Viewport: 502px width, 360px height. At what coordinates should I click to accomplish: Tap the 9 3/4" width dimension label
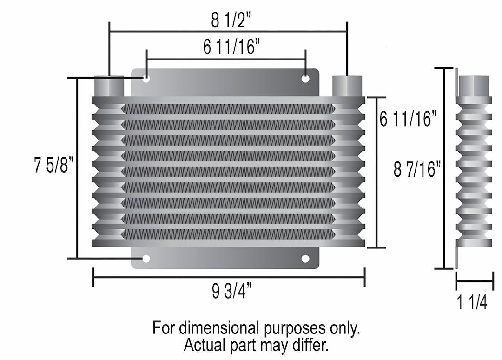point(231,293)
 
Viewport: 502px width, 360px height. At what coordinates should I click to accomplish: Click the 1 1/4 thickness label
point(472,303)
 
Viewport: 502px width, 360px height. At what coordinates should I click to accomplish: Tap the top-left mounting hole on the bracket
point(146,79)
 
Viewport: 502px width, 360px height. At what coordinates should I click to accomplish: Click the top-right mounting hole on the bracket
point(305,79)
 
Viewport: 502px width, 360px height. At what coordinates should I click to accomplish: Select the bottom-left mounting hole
point(146,259)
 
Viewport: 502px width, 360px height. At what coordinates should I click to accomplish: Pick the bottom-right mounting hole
point(305,259)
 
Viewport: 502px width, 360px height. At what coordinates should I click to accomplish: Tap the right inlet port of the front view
point(348,87)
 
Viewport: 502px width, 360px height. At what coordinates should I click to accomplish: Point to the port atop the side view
point(473,86)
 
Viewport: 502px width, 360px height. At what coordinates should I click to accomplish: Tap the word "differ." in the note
point(317,345)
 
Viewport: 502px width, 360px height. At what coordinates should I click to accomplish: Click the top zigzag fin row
point(228,109)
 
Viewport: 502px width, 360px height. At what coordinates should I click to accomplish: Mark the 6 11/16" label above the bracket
point(231,47)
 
